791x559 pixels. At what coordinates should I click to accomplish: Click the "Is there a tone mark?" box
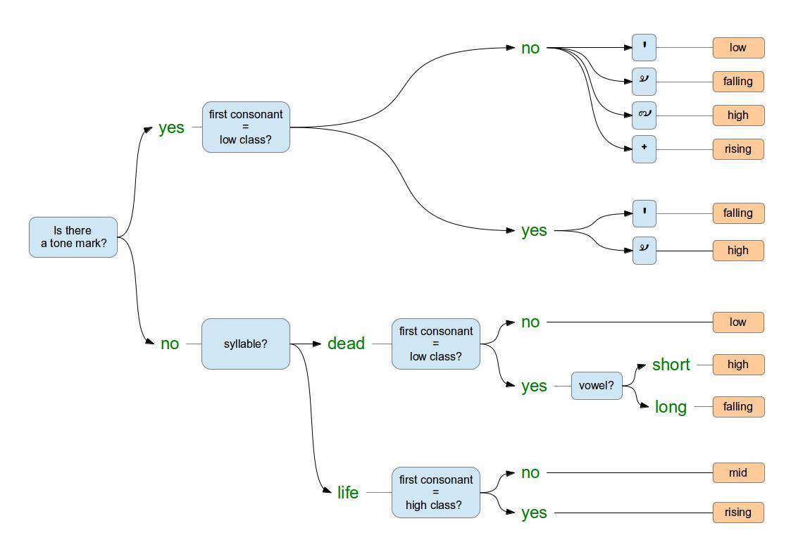pos(73,237)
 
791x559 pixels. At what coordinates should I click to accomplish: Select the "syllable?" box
pos(246,344)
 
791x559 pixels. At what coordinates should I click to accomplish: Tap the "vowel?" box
pos(597,386)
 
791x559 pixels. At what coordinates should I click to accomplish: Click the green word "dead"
pos(346,344)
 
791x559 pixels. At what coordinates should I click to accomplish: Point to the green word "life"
pos(348,493)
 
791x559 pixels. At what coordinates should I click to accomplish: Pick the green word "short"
pos(671,365)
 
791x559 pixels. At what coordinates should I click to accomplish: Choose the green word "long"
pos(671,407)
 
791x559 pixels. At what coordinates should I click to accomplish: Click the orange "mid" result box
pos(738,472)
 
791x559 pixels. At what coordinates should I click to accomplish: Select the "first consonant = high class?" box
pos(435,493)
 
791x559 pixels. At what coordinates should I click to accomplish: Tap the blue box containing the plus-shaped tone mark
pos(644,149)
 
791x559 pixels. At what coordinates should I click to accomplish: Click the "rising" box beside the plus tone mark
pos(738,149)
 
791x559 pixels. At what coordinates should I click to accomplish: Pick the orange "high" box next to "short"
pos(738,365)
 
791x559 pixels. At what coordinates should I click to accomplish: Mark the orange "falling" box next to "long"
pos(738,407)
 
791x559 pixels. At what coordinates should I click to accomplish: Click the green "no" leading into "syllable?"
pos(170,344)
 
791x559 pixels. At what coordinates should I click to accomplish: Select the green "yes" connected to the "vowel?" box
pos(534,386)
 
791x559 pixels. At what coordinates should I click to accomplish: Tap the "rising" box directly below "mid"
pos(738,513)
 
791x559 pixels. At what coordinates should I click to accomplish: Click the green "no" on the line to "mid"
pos(530,472)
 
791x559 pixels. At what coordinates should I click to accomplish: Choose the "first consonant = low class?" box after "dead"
pos(435,344)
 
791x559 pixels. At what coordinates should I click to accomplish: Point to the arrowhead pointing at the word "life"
pos(327,491)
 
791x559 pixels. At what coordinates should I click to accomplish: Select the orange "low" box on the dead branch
pos(738,322)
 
